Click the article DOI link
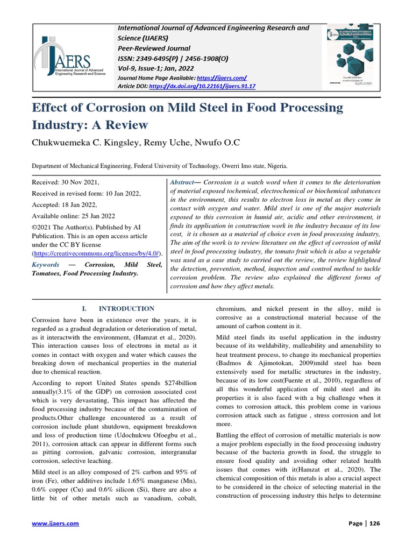point(202,86)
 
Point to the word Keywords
point(45,265)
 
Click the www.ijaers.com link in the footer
point(55,523)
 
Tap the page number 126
point(371,523)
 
